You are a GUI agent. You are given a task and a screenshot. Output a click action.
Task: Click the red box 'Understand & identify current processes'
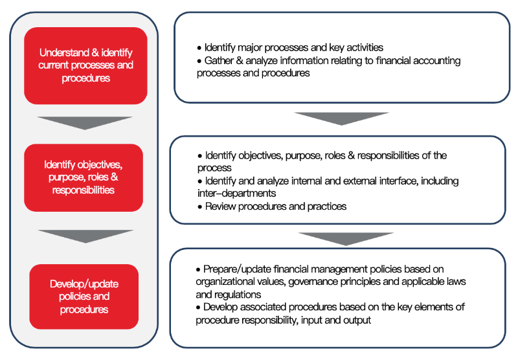(x=85, y=65)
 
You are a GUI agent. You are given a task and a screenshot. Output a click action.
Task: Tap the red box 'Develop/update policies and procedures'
(x=84, y=297)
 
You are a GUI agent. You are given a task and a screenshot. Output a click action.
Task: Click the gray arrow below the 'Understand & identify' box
(x=84, y=123)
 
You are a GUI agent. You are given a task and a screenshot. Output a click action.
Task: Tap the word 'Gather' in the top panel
(x=219, y=61)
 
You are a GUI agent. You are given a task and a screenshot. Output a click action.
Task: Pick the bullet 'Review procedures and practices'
(x=275, y=207)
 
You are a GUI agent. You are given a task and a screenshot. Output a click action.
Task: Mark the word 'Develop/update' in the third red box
(x=84, y=284)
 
